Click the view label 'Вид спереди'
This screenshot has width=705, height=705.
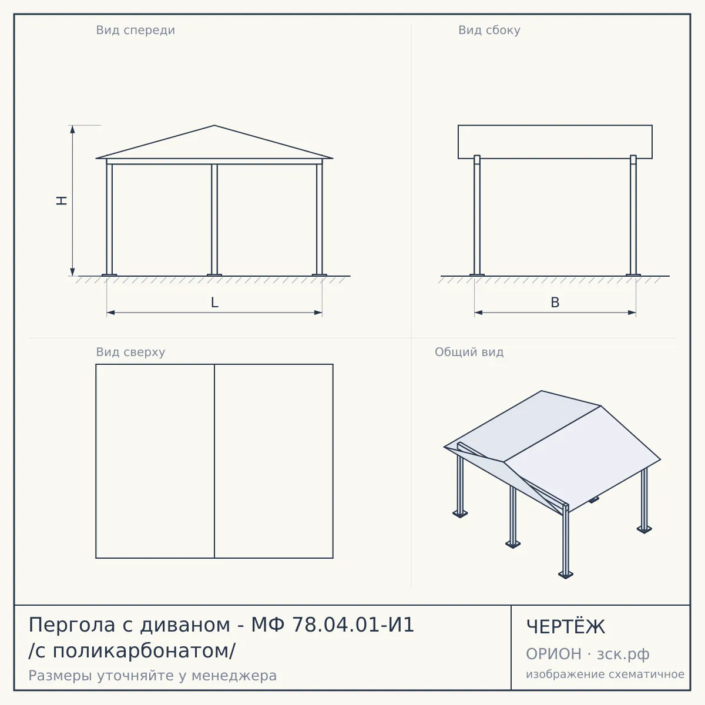[135, 30]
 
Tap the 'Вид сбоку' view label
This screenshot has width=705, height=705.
[489, 30]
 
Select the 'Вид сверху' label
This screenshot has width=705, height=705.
[130, 352]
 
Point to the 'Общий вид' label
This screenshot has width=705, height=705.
[469, 352]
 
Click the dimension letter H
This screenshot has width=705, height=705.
[62, 200]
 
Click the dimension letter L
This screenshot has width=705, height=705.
[215, 303]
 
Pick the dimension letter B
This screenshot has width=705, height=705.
[555, 303]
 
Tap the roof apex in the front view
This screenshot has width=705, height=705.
[214, 126]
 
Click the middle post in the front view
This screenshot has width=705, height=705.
[214, 220]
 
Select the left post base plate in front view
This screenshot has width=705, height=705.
[109, 275]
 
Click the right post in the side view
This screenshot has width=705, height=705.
[633, 215]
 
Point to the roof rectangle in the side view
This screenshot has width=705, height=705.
[555, 142]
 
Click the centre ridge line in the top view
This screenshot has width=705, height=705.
[214, 461]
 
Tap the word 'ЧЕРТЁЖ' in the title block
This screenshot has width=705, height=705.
[566, 627]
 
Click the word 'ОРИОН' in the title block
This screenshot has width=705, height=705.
[553, 654]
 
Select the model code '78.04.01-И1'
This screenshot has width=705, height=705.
[352, 625]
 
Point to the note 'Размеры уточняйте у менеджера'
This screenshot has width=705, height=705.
[153, 676]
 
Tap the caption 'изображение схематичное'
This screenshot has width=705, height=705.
[605, 674]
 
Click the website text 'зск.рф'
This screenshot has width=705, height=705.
[623, 654]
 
